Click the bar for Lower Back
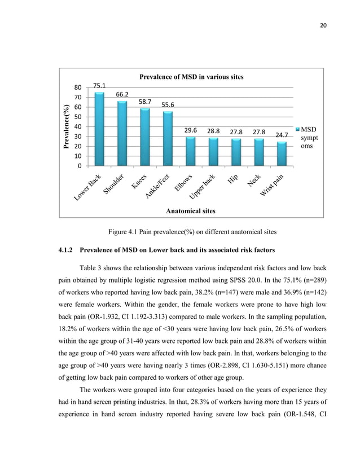pyautogui.click(x=99, y=129)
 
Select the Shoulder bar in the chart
pyautogui.click(x=121, y=134)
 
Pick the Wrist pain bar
pyautogui.click(x=282, y=153)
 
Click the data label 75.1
pyautogui.click(x=99, y=86)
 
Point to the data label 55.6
pyautogui.click(x=167, y=105)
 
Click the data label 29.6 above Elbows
pyautogui.click(x=190, y=130)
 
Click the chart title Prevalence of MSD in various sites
pyautogui.click(x=191, y=76)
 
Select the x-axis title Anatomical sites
pyautogui.click(x=191, y=210)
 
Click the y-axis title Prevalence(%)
pyautogui.click(x=67, y=126)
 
